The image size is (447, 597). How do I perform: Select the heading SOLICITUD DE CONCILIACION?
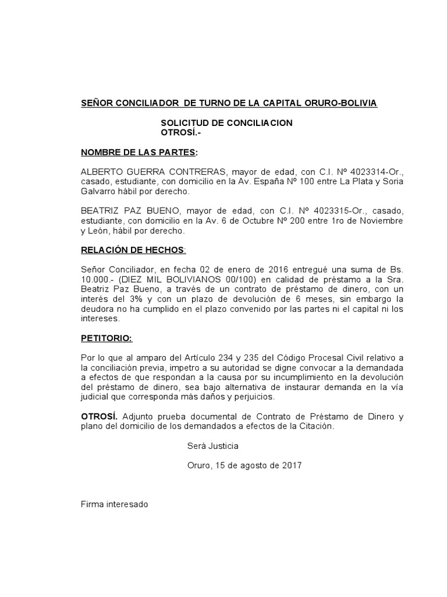(226, 123)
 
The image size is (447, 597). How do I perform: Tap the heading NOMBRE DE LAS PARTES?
(139, 153)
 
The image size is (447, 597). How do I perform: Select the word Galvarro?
(98, 192)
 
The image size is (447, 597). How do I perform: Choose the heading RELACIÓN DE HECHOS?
(133, 250)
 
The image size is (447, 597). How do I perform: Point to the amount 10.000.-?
(97, 279)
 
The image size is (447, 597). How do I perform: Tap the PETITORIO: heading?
(107, 339)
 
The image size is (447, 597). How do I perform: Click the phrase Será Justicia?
(212, 446)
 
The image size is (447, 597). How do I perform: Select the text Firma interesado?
(114, 504)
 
